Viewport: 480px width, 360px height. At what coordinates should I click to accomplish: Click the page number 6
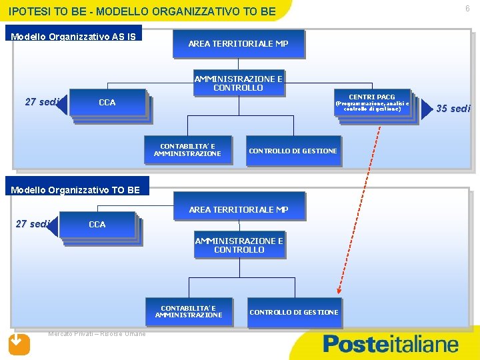467,9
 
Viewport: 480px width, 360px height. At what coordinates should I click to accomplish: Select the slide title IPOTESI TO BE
142,12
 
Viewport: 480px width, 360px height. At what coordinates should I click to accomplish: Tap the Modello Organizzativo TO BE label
76,190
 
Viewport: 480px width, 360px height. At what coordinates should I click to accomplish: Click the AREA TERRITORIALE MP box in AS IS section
238,43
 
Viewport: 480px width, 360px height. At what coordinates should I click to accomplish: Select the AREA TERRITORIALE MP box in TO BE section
238,209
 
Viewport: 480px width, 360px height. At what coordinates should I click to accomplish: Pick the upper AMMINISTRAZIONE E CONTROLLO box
238,83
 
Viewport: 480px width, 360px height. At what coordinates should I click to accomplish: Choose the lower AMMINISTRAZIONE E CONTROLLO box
239,245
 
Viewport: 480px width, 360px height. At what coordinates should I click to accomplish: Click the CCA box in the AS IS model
107,103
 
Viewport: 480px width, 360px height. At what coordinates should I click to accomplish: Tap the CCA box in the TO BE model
97,225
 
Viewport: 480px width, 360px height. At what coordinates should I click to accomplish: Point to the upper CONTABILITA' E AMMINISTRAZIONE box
187,149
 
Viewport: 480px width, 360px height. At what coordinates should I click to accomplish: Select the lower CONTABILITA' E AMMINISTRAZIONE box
189,312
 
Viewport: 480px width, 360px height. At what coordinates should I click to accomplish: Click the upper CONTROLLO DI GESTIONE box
293,151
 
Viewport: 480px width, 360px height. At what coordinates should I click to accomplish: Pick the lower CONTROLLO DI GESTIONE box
293,312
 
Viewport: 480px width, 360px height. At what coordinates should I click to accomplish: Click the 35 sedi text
453,109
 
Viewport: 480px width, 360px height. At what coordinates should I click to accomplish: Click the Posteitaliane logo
391,344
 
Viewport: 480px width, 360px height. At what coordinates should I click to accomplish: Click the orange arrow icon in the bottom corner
19,343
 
